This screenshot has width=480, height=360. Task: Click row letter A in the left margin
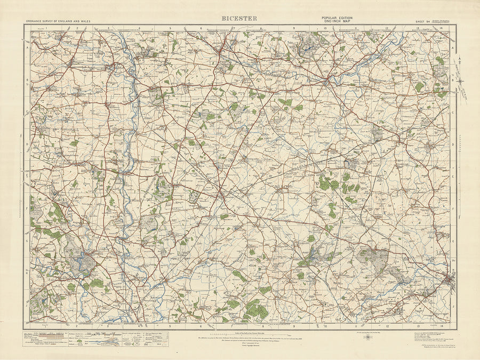(x=27, y=46)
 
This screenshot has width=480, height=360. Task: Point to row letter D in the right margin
(x=453, y=144)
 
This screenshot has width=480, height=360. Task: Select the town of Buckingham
(x=326, y=81)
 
